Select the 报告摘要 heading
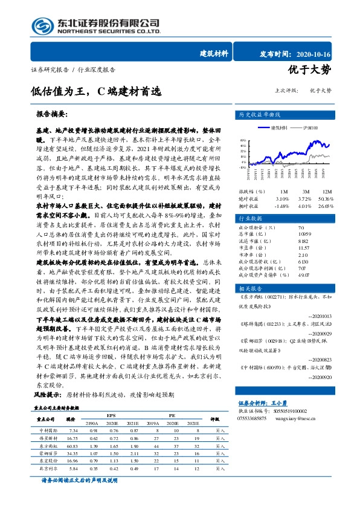52,114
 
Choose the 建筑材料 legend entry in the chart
278,128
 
